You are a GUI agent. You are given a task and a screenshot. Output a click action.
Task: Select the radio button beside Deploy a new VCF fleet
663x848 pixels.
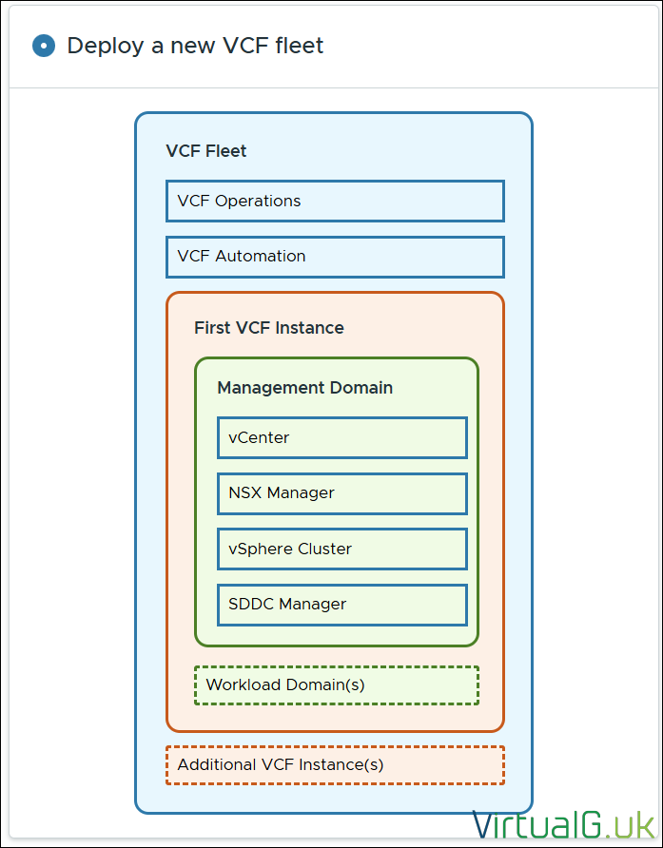coord(44,46)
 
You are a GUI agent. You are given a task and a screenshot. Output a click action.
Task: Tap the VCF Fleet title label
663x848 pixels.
coord(206,151)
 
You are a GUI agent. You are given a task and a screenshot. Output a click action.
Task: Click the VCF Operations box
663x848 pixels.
coord(335,201)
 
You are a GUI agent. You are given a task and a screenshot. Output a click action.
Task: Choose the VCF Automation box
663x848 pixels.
coord(335,257)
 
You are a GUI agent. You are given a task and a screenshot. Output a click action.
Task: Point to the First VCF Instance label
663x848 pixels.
coord(269,328)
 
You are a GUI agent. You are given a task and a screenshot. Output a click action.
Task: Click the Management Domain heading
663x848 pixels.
coord(304,388)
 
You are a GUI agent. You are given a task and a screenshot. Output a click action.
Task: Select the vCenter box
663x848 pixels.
coord(342,438)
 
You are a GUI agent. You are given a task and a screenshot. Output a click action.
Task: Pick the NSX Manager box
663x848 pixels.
coord(342,493)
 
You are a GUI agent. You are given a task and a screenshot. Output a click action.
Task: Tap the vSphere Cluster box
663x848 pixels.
coord(342,549)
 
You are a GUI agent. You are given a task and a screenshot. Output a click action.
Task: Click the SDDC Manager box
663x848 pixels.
coord(342,604)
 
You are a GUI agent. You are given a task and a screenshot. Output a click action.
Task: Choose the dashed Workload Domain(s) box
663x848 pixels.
coord(337,684)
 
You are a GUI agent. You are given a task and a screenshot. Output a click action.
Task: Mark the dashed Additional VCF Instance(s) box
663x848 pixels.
coord(335,764)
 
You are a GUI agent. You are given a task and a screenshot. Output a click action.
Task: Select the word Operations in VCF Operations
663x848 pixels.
coord(258,201)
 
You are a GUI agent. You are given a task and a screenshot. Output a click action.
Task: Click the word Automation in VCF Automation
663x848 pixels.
coord(261,257)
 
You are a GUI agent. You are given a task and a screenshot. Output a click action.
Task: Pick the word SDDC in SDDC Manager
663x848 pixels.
coord(248,604)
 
